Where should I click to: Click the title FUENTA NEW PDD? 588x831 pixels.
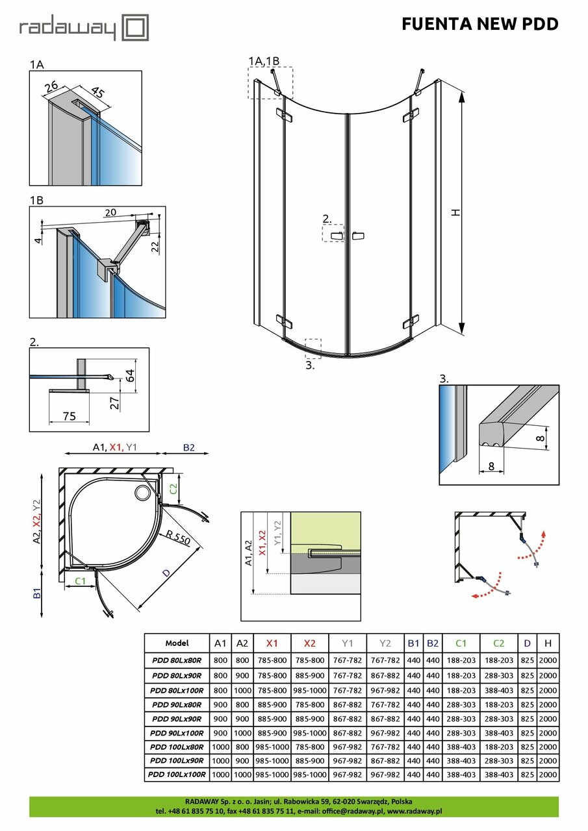pyautogui.click(x=480, y=24)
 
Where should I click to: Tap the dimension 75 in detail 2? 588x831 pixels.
pyautogui.click(x=68, y=416)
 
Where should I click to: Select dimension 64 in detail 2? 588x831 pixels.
pyautogui.click(x=130, y=375)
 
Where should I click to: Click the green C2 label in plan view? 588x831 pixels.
pyautogui.click(x=173, y=489)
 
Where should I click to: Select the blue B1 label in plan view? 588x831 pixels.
pyautogui.click(x=37, y=591)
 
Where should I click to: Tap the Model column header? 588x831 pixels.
pyautogui.click(x=177, y=643)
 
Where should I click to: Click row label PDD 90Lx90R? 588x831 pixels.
pyautogui.click(x=177, y=719)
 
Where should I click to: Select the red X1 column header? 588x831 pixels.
pyautogui.click(x=272, y=643)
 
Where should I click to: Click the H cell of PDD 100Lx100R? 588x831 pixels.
pyautogui.click(x=548, y=775)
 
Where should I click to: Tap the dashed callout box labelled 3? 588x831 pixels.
pyautogui.click(x=313, y=347)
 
